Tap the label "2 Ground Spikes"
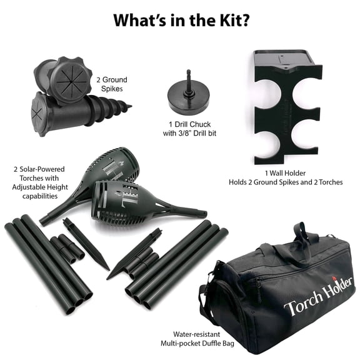pyautogui.click(x=112, y=84)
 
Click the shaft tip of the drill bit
pyautogui.click(x=189, y=71)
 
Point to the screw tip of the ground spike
pyautogui.click(x=130, y=106)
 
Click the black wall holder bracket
pyautogui.click(x=287, y=108)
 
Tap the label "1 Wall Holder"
pyautogui.click(x=286, y=173)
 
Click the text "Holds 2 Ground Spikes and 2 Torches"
pyautogui.click(x=286, y=182)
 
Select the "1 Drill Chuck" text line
pyautogui.click(x=189, y=124)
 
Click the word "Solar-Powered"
pyautogui.click(x=42, y=169)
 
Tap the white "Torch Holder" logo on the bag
pyautogui.click(x=318, y=296)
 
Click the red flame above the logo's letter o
pyautogui.click(x=334, y=279)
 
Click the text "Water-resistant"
pyautogui.click(x=196, y=334)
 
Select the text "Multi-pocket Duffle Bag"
pyautogui.click(x=197, y=344)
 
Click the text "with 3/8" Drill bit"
pyautogui.click(x=189, y=133)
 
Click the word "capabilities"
pyautogui.click(x=40, y=196)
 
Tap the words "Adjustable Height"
pyautogui.click(x=40, y=187)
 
